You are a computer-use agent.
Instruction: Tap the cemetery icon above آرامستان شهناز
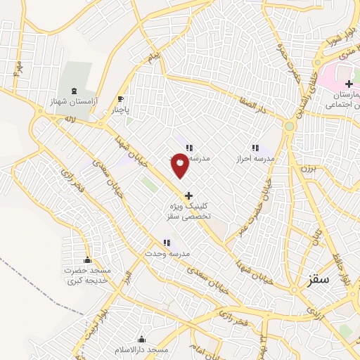pos(75,91)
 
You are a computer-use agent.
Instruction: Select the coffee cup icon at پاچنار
pos(120,99)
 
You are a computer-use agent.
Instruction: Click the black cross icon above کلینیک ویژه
pos(188,195)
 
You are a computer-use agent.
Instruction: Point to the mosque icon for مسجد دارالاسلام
pos(142,338)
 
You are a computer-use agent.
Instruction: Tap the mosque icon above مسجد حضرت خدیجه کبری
pos(87,259)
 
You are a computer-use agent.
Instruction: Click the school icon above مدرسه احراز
pos(255,148)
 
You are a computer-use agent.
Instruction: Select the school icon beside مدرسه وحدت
pos(167,243)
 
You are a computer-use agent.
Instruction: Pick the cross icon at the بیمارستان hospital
pos(349,84)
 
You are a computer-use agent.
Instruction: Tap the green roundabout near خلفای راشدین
pos(289,127)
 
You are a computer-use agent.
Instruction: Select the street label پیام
pos(155,54)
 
